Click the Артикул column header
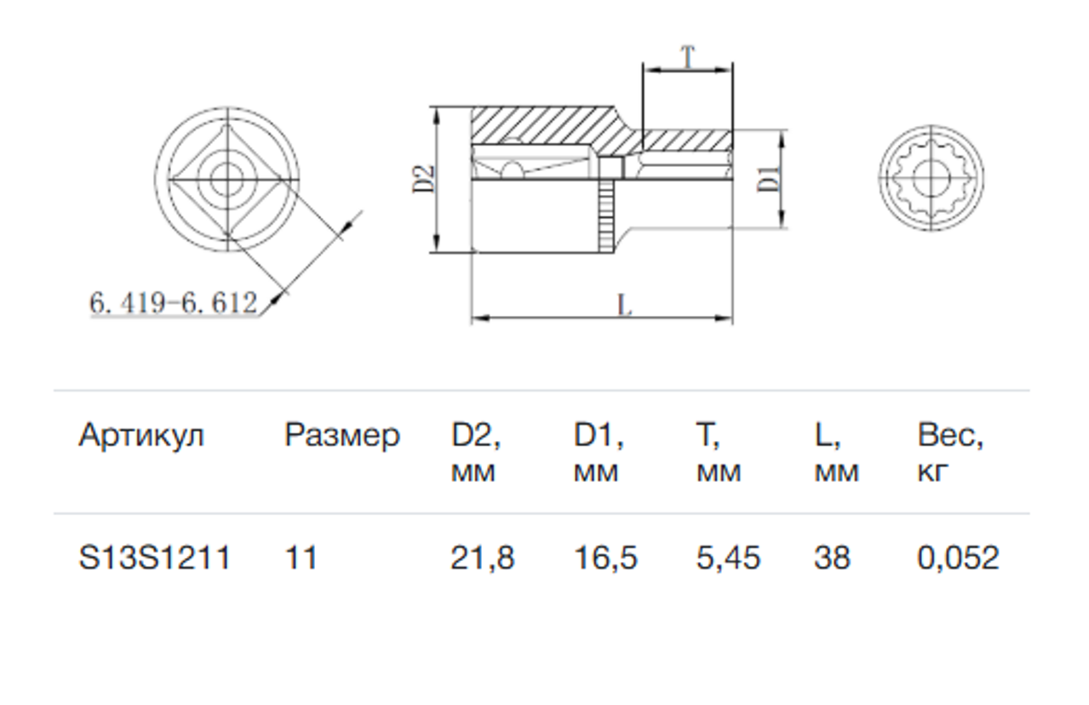[x=141, y=436]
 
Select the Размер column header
[x=342, y=436]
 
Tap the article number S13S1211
[x=154, y=557]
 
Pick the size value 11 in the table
[x=301, y=557]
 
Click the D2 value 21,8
[x=482, y=559]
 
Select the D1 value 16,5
[x=605, y=559]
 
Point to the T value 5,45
[x=728, y=559]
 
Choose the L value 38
[x=833, y=557]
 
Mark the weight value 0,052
[x=958, y=559]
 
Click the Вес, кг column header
[x=950, y=452]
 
